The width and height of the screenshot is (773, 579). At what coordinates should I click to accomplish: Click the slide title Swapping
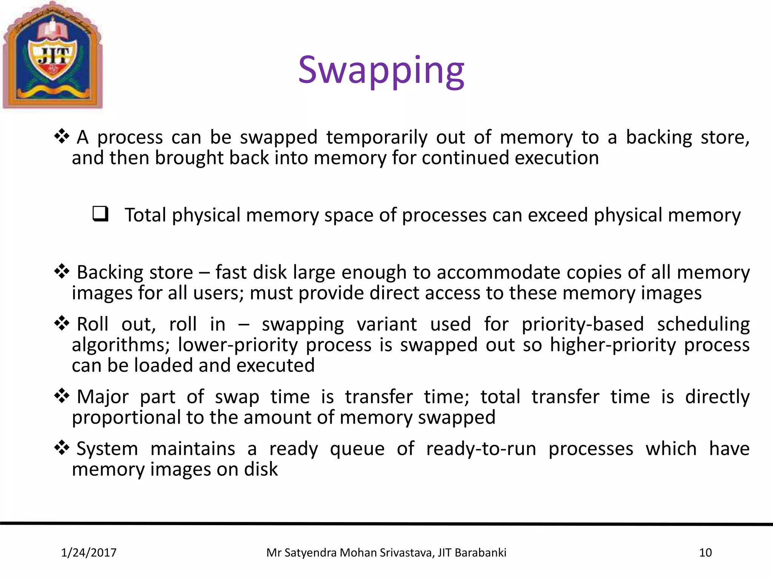point(381,71)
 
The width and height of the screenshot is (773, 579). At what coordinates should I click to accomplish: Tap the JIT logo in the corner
point(52,56)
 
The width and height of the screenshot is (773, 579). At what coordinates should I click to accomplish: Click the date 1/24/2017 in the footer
point(89,553)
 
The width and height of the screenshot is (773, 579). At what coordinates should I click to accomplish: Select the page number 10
point(705,553)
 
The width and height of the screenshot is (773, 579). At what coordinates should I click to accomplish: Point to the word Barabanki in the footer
point(480,553)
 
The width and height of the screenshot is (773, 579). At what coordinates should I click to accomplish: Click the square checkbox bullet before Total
point(100,214)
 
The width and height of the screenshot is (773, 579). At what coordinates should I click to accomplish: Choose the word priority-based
point(582,324)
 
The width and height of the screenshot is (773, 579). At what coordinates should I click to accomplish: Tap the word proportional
point(126,418)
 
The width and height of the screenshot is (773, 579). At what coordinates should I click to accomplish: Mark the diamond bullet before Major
point(62,396)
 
